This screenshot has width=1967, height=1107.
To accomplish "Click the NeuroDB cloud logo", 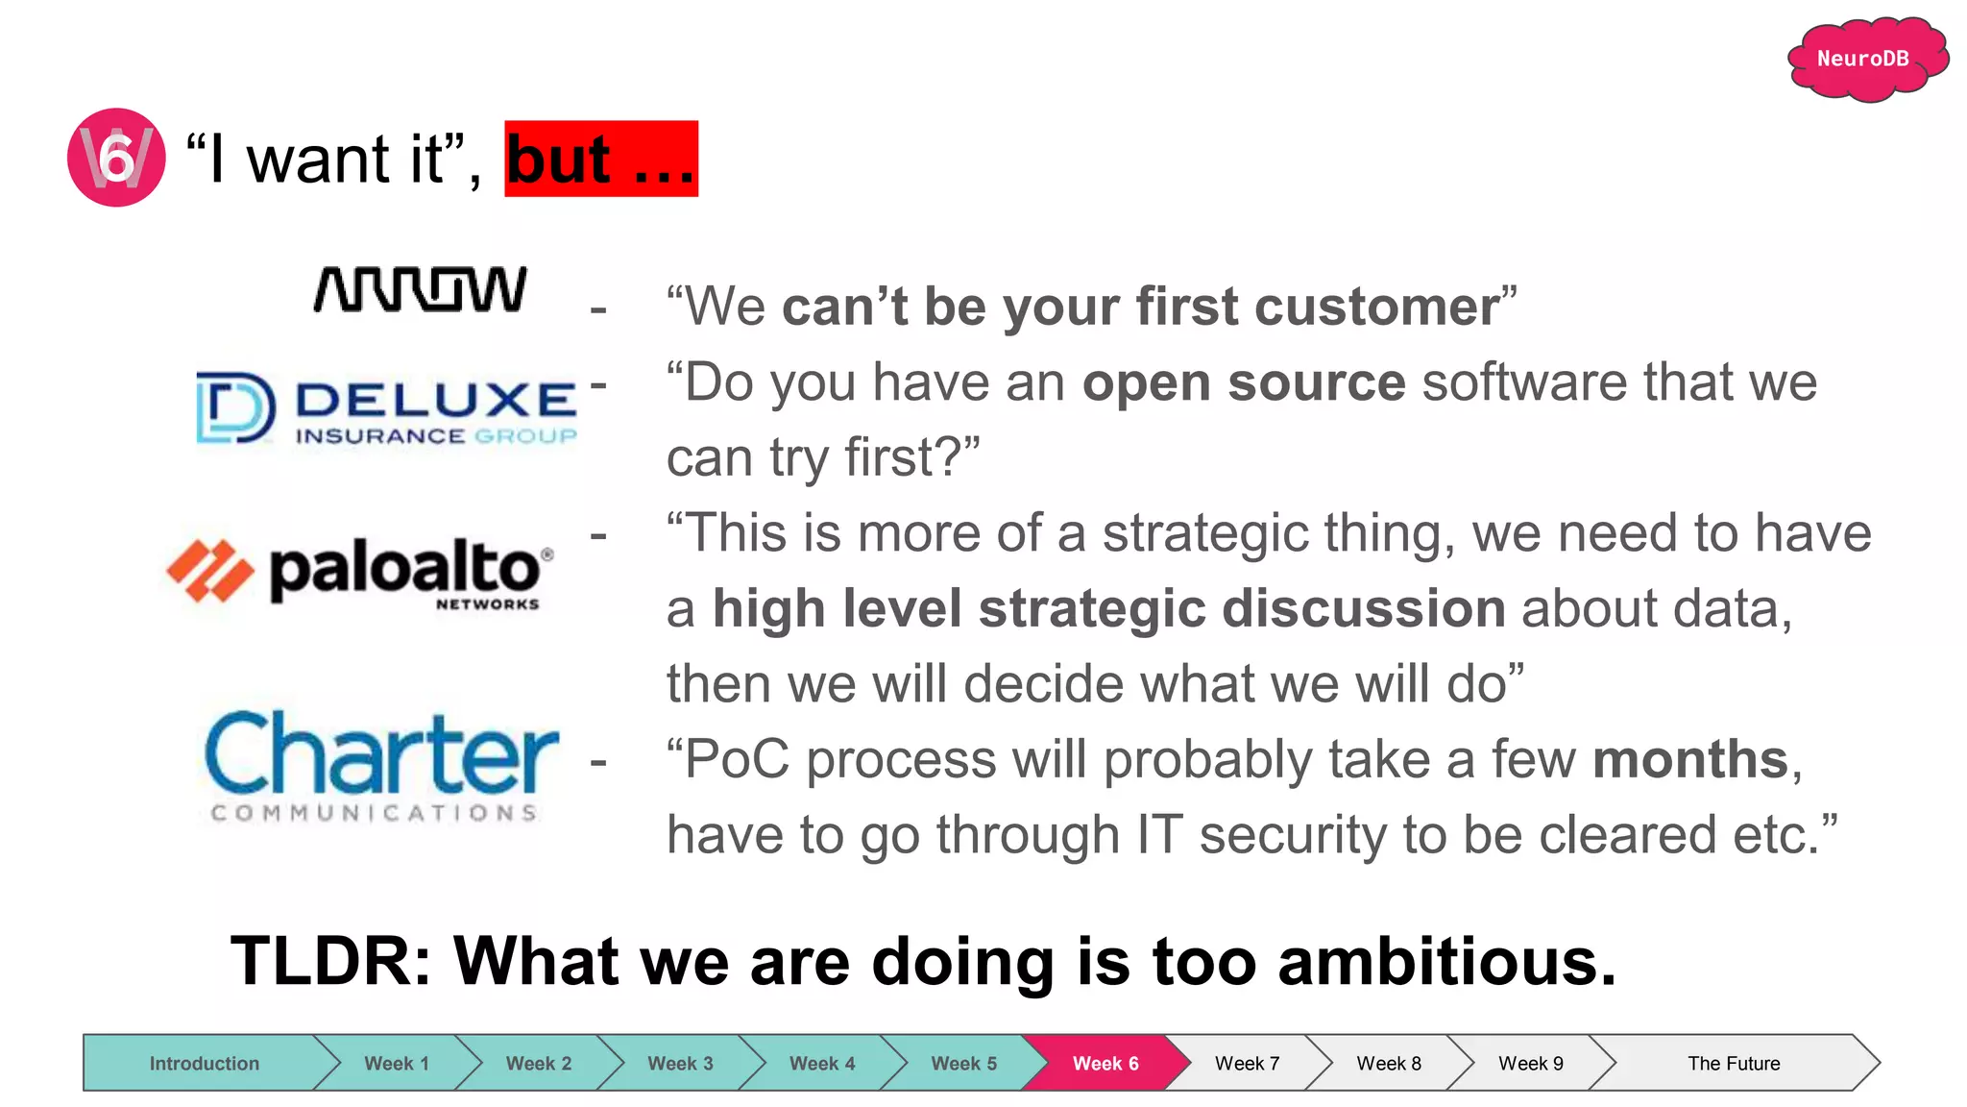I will click(1865, 59).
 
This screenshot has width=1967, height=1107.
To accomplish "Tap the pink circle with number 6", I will click(116, 158).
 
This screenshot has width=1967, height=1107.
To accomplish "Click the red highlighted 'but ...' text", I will click(601, 159).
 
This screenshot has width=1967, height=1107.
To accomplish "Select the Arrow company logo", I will click(421, 289).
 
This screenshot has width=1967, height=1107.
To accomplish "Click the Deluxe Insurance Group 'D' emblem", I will click(234, 407).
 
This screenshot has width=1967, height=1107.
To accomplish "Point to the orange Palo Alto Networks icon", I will click(210, 571).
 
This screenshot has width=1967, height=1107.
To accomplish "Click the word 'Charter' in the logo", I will click(381, 754).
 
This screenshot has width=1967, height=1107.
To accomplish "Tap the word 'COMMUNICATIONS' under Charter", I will click(374, 813).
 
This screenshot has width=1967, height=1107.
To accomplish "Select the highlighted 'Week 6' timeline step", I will click(1105, 1063).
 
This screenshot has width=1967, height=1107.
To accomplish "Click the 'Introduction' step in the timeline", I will click(204, 1063).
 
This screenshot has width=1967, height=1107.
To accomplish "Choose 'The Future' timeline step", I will click(1733, 1063).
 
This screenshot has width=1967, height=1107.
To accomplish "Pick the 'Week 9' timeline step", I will click(1530, 1063).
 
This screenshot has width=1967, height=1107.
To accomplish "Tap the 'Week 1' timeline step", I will click(396, 1063).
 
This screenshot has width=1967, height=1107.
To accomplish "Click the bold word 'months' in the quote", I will click(1689, 759).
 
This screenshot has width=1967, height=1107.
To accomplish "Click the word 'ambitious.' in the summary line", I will click(1446, 961).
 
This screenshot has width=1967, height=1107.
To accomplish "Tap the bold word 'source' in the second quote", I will click(1316, 382).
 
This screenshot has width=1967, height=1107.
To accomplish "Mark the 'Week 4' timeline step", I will click(821, 1063).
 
